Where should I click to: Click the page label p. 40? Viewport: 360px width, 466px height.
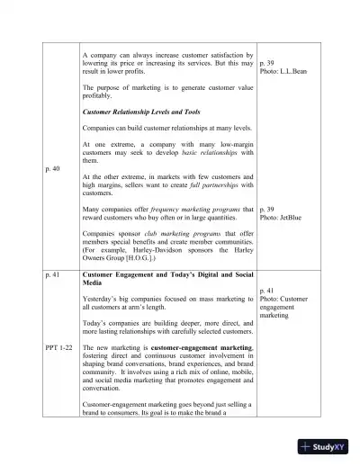click(x=52, y=168)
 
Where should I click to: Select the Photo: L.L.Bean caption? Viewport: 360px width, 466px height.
click(x=283, y=71)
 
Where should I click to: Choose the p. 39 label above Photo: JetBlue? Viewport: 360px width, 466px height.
click(x=267, y=208)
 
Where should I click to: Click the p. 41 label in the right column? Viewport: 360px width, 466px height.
click(x=267, y=291)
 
